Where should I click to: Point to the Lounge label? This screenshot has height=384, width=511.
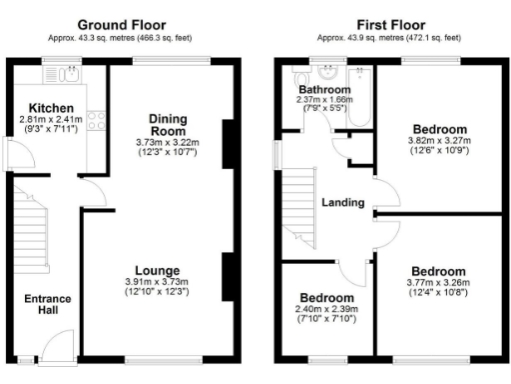(x=157, y=270)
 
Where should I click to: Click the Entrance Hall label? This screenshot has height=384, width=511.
(x=42, y=305)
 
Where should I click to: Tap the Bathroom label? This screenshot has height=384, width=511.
(x=321, y=89)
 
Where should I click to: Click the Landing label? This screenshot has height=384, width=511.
(x=341, y=202)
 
